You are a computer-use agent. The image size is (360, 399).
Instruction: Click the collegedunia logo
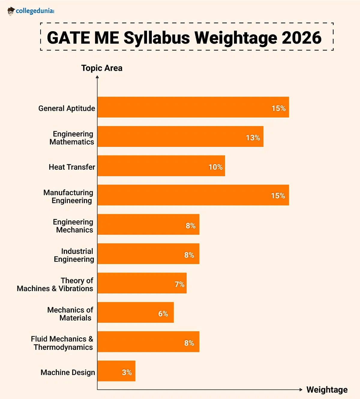point(31,11)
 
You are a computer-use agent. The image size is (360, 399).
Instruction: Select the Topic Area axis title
point(102,68)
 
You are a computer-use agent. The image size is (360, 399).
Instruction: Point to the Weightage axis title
point(327,389)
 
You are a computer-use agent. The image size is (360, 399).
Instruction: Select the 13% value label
point(253,138)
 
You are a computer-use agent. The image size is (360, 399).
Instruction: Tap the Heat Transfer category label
point(72,167)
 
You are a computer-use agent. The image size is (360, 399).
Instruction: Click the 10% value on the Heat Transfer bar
point(215,167)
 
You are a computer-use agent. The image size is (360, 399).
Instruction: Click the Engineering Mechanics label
point(73,226)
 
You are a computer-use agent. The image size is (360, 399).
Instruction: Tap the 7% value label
point(179,284)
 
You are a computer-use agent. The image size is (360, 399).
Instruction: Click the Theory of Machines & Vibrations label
point(55,284)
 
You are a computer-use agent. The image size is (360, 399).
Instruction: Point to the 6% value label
point(163,314)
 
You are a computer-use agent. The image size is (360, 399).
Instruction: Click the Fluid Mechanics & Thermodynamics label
point(62,343)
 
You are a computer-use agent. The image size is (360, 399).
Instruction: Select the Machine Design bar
point(116,371)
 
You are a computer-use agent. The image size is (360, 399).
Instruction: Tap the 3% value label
point(127,372)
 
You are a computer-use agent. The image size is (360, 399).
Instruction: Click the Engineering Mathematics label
point(72,138)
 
